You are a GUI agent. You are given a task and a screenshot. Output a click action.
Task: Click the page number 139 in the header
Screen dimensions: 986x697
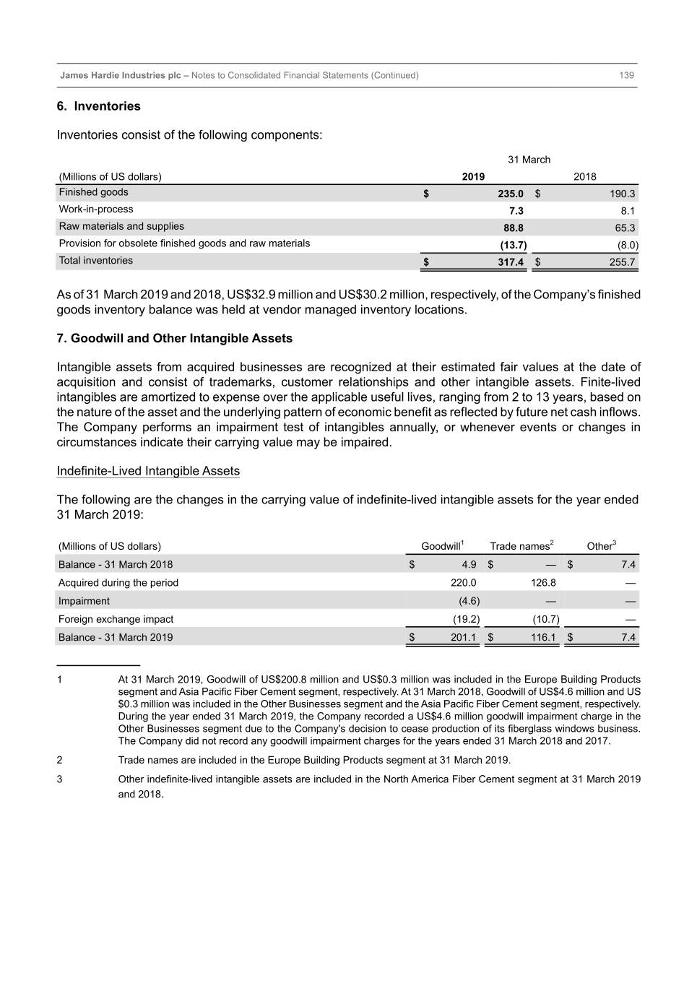pos(626,75)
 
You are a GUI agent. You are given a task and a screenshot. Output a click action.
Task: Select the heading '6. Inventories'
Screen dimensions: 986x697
pos(99,106)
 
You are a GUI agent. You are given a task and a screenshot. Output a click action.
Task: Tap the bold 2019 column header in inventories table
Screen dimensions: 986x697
pos(473,176)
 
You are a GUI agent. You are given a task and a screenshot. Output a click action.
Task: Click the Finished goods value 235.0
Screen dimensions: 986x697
pos(510,194)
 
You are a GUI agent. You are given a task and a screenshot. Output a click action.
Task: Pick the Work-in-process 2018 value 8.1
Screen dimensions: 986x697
pos(628,211)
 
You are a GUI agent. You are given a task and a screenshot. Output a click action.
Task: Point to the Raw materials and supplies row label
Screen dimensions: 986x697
pos(121,226)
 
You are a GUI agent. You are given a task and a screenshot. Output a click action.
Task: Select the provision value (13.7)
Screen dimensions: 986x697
pos(513,245)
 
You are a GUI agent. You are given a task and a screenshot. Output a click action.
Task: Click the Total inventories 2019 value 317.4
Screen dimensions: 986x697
pos(510,262)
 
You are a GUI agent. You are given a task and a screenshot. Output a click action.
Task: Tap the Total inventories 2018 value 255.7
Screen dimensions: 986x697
pos(622,262)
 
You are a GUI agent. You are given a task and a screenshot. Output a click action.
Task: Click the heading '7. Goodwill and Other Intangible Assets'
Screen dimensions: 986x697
pos(175,338)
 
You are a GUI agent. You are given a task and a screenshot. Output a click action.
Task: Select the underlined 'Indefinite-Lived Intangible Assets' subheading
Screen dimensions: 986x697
pos(148,471)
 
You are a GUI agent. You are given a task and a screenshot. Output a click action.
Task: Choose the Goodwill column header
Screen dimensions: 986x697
pos(441,546)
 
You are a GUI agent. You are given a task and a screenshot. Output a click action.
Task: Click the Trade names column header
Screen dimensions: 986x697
pos(521,546)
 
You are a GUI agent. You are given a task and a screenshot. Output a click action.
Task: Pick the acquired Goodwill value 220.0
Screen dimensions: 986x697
pos(463,583)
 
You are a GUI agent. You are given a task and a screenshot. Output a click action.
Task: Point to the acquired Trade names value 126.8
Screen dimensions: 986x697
pos(543,583)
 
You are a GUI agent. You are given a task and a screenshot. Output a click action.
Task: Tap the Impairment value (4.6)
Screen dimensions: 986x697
pos(469,601)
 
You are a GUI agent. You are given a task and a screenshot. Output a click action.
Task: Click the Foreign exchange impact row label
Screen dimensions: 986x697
pos(116,619)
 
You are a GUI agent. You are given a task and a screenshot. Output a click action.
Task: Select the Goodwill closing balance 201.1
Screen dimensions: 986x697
pos(463,637)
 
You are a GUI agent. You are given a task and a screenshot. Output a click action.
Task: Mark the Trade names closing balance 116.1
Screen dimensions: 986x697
pos(543,637)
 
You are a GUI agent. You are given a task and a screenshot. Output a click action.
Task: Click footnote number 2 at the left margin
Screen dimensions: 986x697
pos(59,760)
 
